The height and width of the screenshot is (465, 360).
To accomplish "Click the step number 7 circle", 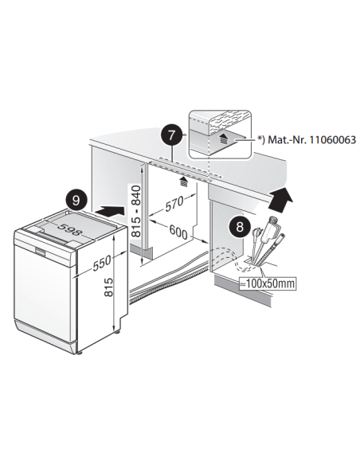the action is click(x=172, y=135).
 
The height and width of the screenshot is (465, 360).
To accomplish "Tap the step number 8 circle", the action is click(x=239, y=227).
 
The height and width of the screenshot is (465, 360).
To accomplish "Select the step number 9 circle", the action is click(x=76, y=201).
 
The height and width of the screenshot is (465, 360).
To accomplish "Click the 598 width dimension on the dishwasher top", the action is click(x=68, y=229).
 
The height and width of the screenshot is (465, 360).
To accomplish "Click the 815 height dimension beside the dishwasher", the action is click(x=109, y=287).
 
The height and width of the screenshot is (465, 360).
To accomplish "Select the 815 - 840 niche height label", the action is click(x=136, y=211).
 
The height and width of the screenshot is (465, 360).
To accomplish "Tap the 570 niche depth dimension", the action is click(x=174, y=205).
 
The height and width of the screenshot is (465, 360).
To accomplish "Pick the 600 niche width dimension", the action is click(x=178, y=232).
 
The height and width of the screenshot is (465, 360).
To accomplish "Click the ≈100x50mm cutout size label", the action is click(x=268, y=283).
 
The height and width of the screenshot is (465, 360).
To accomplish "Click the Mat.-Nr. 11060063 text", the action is click(x=311, y=139).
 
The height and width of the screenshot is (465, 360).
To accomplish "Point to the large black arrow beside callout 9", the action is click(x=110, y=212).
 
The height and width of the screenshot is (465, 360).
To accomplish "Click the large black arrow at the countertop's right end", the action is click(x=280, y=199).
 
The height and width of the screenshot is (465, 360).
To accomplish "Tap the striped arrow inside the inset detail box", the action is click(x=225, y=139).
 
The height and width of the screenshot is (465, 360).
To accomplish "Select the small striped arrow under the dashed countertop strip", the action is click(x=184, y=182).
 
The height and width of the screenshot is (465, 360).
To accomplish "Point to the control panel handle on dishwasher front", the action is click(x=40, y=252).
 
